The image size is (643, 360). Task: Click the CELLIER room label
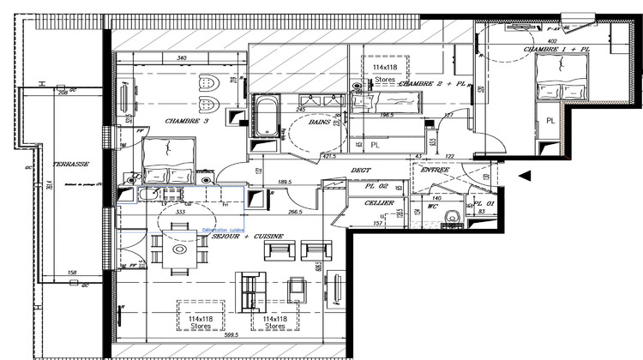[x=379, y=203]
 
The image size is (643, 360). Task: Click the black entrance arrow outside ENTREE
[x=526, y=175]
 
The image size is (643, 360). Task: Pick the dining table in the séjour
[x=180, y=249]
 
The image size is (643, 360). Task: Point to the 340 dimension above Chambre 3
[x=182, y=58]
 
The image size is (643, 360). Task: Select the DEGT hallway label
[x=360, y=170]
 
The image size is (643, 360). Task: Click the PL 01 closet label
[x=475, y=202]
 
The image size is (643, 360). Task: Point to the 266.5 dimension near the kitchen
[x=295, y=211]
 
